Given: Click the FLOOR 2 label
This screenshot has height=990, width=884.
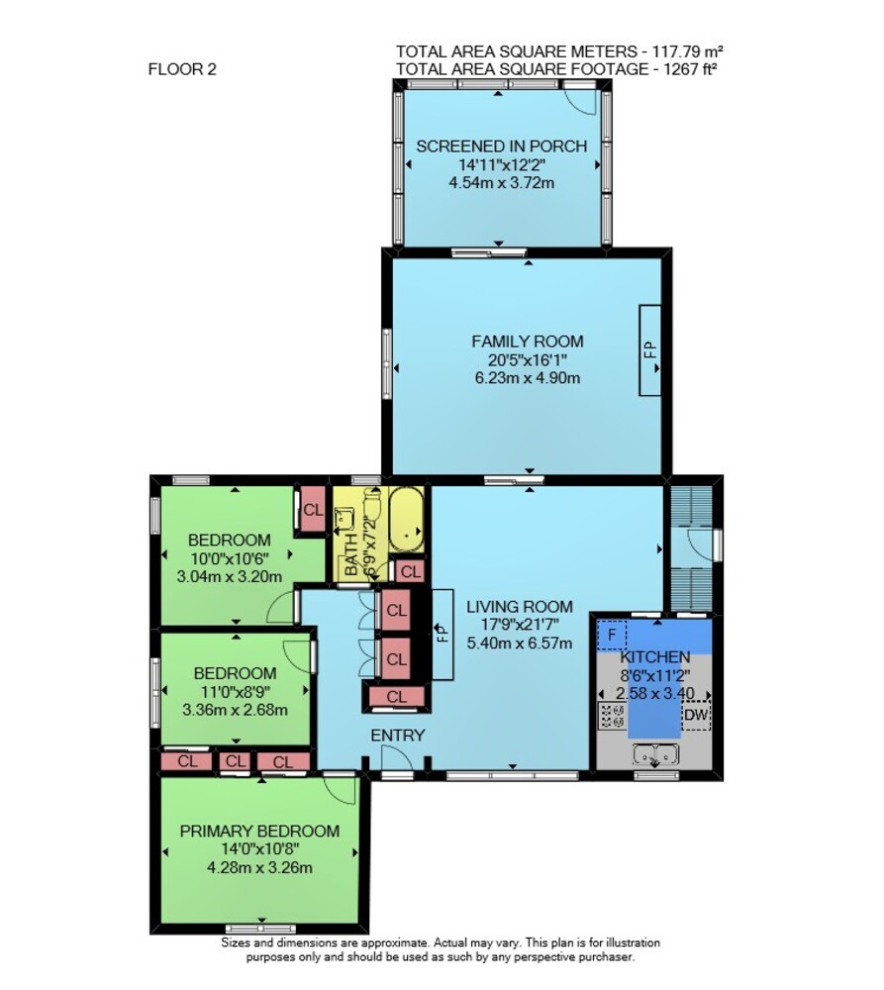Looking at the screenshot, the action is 182,69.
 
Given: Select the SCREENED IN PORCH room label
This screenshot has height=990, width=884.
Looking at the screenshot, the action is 501,146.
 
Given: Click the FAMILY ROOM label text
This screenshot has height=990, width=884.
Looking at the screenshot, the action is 528,342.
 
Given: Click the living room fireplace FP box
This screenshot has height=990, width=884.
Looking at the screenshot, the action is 442,634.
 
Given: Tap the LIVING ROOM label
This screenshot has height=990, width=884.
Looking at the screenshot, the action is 520,607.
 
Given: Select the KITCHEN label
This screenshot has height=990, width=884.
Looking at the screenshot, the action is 654,656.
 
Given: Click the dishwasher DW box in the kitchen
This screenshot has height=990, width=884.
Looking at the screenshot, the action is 696,715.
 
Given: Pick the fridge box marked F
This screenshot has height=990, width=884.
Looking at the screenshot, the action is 612,636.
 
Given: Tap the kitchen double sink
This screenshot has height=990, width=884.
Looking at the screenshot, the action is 656,754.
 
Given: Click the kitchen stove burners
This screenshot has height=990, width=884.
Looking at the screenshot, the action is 612,716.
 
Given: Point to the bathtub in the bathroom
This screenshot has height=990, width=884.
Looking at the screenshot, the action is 407,519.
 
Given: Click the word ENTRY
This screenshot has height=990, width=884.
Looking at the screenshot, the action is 397,736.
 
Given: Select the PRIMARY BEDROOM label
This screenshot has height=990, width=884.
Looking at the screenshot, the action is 259,831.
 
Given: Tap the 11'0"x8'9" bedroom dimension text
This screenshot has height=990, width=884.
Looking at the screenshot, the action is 235,691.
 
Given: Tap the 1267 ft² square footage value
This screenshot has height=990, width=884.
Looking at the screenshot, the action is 690,69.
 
